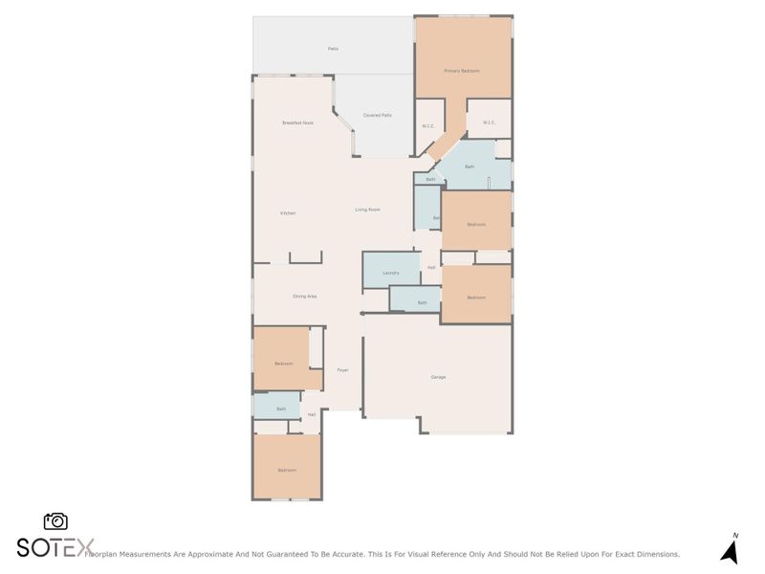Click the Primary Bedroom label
point(462,71)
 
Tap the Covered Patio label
point(378,115)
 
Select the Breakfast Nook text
point(297,122)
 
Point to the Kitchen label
point(288,212)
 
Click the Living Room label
point(368,210)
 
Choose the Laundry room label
point(390,273)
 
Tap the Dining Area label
point(305,297)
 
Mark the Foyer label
point(342,370)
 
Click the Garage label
point(438,377)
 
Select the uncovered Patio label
point(333,48)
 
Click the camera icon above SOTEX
point(55,521)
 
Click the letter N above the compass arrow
point(734,536)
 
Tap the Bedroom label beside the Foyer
point(283,364)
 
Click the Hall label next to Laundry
point(431,267)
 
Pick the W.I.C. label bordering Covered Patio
point(428,126)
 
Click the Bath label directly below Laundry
point(423,302)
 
